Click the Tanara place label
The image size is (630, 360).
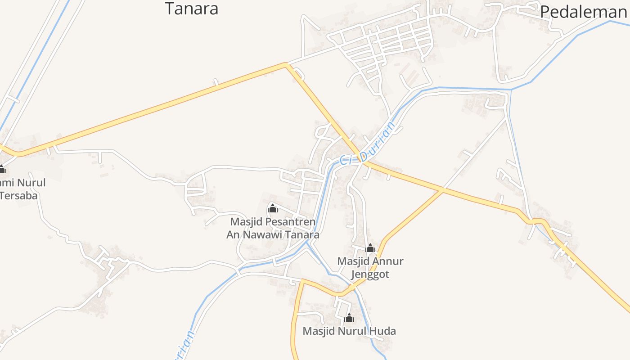coord(191,9)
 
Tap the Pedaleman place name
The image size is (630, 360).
coord(583,12)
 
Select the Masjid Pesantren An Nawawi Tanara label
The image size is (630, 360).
coord(273,228)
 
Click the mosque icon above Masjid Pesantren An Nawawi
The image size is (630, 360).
coord(272,208)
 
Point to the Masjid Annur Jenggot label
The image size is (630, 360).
coord(370,267)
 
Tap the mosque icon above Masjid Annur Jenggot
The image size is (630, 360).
coord(370,248)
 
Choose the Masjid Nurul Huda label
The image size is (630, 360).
coord(349,331)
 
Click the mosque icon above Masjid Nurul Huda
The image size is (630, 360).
coord(349,318)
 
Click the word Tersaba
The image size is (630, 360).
coord(19,195)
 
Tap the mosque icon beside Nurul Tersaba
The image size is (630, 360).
coord(2,170)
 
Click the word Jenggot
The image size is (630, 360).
coord(370,274)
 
